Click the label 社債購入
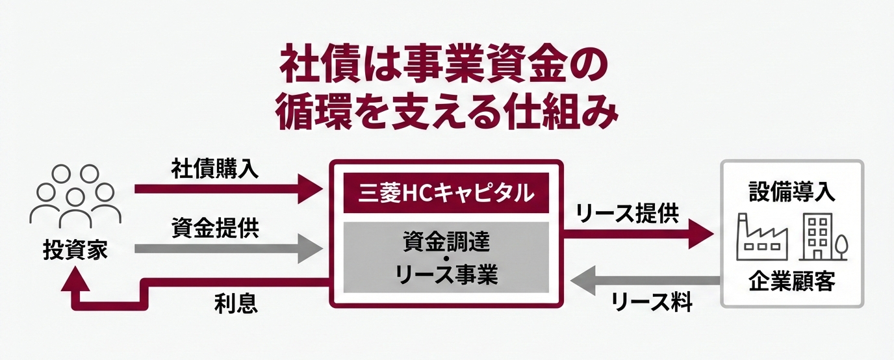pyautogui.click(x=214, y=169)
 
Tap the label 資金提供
pyautogui.click(x=214, y=228)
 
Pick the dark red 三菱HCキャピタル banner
pyautogui.click(x=446, y=192)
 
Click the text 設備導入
pyautogui.click(x=791, y=192)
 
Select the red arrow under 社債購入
pyautogui.click(x=227, y=190)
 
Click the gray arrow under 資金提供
pyautogui.click(x=227, y=248)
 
